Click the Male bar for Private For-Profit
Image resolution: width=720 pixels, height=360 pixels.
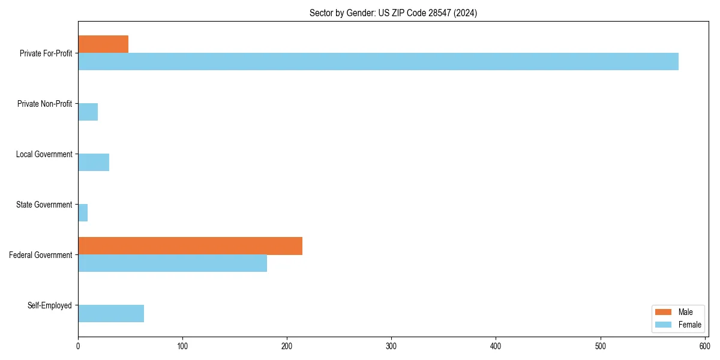point(103,44)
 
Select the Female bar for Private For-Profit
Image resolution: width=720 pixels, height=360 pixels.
point(378,62)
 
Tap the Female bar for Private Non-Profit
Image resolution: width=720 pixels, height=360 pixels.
point(88,112)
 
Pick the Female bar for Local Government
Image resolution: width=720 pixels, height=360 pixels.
point(94,163)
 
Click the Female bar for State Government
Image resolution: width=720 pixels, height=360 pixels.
point(83,213)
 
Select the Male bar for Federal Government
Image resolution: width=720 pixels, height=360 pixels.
point(190,246)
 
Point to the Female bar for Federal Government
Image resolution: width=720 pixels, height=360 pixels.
point(172,263)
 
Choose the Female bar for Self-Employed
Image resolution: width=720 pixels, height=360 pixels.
point(111,314)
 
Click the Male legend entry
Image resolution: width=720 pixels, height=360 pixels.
point(685,312)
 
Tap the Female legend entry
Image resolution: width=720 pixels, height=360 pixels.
point(689,325)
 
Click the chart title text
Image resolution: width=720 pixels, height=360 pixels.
point(393,13)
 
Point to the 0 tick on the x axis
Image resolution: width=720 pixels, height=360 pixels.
point(78,346)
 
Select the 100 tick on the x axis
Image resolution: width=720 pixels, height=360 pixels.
point(182,346)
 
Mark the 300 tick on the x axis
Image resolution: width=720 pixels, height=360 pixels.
point(391,346)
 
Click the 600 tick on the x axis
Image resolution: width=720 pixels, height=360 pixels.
point(704,346)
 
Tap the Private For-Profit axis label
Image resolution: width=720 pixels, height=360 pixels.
point(46,53)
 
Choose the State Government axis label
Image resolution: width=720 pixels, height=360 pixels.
point(44,205)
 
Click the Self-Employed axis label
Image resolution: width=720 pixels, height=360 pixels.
point(50,305)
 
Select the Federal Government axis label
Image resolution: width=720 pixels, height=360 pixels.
point(41,255)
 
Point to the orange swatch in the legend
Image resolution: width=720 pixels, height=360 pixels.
point(664,312)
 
